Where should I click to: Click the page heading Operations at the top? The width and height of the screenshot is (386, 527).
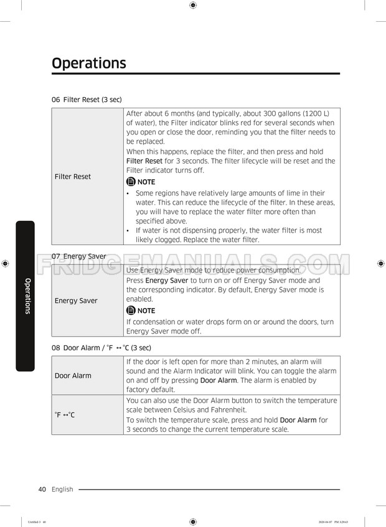click(x=88, y=63)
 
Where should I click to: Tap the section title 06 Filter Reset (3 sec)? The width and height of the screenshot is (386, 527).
click(x=87, y=100)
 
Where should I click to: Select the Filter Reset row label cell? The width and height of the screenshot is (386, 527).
click(x=73, y=177)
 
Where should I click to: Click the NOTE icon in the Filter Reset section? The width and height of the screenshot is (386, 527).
click(x=131, y=182)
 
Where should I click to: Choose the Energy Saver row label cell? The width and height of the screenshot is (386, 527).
click(x=76, y=301)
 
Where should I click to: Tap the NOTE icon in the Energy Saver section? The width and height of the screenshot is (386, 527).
click(x=131, y=310)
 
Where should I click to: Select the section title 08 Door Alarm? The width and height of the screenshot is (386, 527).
click(x=101, y=347)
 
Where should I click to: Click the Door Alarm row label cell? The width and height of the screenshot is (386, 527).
click(x=73, y=375)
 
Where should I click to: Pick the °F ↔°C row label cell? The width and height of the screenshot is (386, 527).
click(x=65, y=414)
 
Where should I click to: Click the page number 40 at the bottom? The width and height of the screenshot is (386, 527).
click(x=42, y=489)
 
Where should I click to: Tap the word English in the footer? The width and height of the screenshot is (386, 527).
click(x=62, y=489)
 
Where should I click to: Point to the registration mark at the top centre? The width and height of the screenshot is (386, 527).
click(x=193, y=5)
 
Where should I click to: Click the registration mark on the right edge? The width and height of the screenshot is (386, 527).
click(x=381, y=264)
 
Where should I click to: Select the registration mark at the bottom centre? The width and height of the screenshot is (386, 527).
click(x=193, y=521)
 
